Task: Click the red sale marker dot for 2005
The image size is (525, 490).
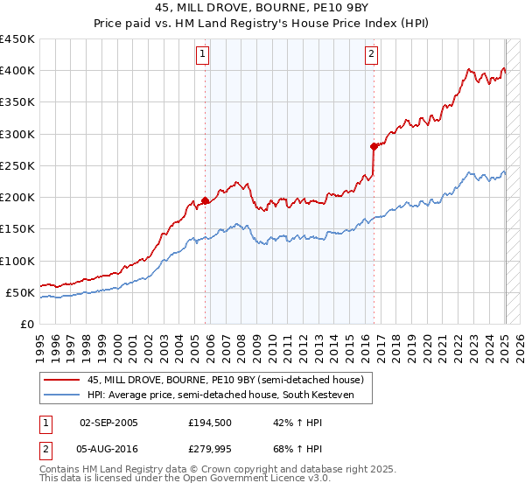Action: (206, 200)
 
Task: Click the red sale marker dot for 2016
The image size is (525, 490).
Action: (374, 146)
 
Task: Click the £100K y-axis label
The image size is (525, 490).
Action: (17, 261)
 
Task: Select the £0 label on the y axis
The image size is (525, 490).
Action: (26, 325)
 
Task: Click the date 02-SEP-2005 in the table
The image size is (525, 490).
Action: (108, 423)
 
